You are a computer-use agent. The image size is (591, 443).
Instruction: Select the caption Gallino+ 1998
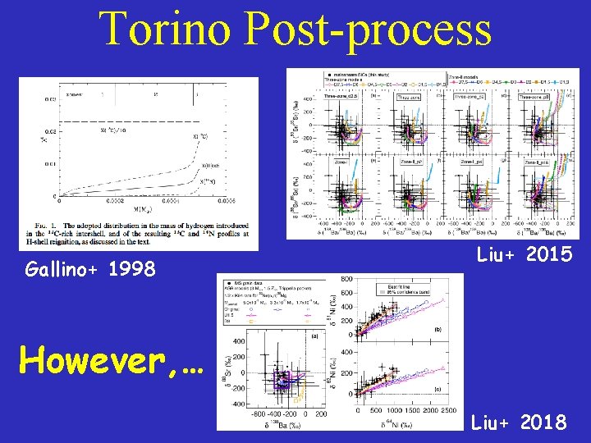pos(90,268)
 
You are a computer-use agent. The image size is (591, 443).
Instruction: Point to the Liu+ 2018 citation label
pos(519,422)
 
